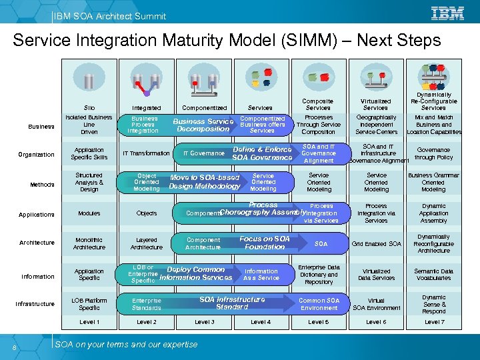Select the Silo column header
pyautogui.click(x=89, y=107)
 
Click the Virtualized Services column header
pyautogui.click(x=376, y=103)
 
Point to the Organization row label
pyautogui.click(x=37, y=155)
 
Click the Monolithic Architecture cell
pyautogui.click(x=89, y=243)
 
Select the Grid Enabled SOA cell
pyautogui.click(x=377, y=244)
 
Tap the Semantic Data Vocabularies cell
pyautogui.click(x=433, y=275)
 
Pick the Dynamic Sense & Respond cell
pyautogui.click(x=433, y=304)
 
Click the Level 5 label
pyautogui.click(x=319, y=322)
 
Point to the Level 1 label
pyautogui.click(x=89, y=322)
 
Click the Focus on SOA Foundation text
pyautogui.click(x=265, y=243)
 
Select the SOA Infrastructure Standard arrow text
pyautogui.click(x=232, y=303)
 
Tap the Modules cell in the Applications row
pyautogui.click(x=89, y=213)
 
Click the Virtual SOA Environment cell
pyautogui.click(x=377, y=304)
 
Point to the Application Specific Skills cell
pyautogui.click(x=89, y=154)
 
